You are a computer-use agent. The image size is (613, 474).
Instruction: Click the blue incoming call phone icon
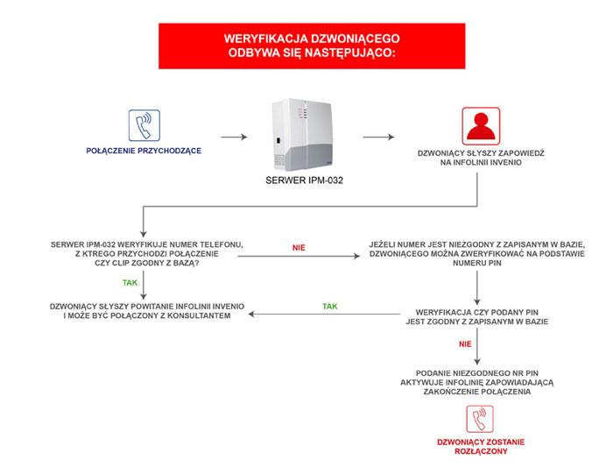tap(144, 125)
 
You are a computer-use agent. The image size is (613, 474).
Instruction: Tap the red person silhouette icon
tap(481, 126)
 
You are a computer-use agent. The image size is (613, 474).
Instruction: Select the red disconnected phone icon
tap(480, 419)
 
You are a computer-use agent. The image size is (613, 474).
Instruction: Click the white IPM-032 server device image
tap(302, 135)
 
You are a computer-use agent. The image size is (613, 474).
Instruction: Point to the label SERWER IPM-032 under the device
tap(304, 180)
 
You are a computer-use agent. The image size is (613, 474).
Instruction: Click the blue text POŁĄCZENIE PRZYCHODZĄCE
tap(144, 151)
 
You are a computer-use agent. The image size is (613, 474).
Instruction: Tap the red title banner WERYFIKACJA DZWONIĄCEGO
tap(312, 46)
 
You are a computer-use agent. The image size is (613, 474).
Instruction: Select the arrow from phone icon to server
tap(234, 137)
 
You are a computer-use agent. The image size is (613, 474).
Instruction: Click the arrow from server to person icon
tap(378, 137)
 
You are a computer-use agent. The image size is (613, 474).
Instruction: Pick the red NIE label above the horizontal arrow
tap(299, 248)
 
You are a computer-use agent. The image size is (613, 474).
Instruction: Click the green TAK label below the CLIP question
tap(130, 283)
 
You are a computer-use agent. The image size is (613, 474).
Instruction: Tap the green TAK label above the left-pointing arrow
tap(329, 307)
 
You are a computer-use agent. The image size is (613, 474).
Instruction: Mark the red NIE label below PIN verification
tap(465, 344)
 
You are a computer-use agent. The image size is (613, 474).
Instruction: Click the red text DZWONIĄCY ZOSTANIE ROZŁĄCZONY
tap(481, 447)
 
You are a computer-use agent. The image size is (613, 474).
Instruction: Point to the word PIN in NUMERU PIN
tap(495, 263)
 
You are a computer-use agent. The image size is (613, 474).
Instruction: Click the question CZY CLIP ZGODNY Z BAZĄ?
tap(147, 263)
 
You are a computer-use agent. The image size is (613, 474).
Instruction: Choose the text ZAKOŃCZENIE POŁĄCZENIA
tap(477, 392)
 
